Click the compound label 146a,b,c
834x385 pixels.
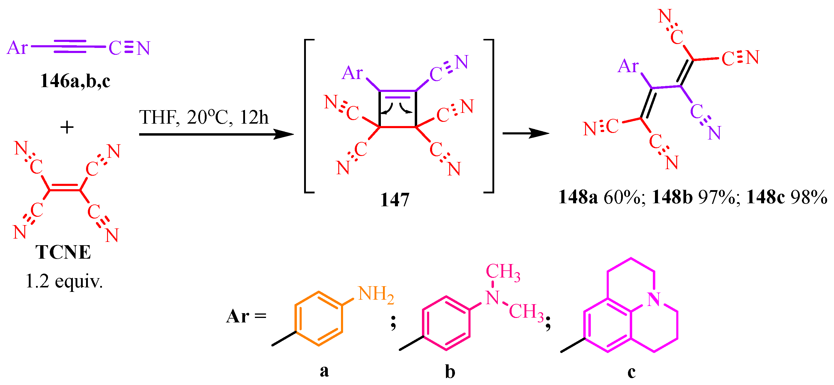click(x=75, y=81)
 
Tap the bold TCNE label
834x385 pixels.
click(x=63, y=252)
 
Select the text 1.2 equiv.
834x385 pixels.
click(x=64, y=281)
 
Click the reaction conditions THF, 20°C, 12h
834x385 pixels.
click(x=204, y=117)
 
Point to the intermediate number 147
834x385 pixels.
click(x=395, y=200)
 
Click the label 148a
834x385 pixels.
click(x=578, y=197)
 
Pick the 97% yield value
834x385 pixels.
click(x=716, y=197)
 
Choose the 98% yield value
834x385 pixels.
click(x=809, y=197)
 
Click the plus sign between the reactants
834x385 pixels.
click(x=67, y=127)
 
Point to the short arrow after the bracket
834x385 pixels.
click(x=525, y=133)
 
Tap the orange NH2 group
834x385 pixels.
click(x=376, y=295)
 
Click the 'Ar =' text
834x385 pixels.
click(x=246, y=316)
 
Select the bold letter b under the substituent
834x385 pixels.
click(x=450, y=372)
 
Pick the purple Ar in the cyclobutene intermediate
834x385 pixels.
click(x=352, y=73)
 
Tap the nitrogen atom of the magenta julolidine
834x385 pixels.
click(x=653, y=299)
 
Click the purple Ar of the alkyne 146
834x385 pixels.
click(x=17, y=48)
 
